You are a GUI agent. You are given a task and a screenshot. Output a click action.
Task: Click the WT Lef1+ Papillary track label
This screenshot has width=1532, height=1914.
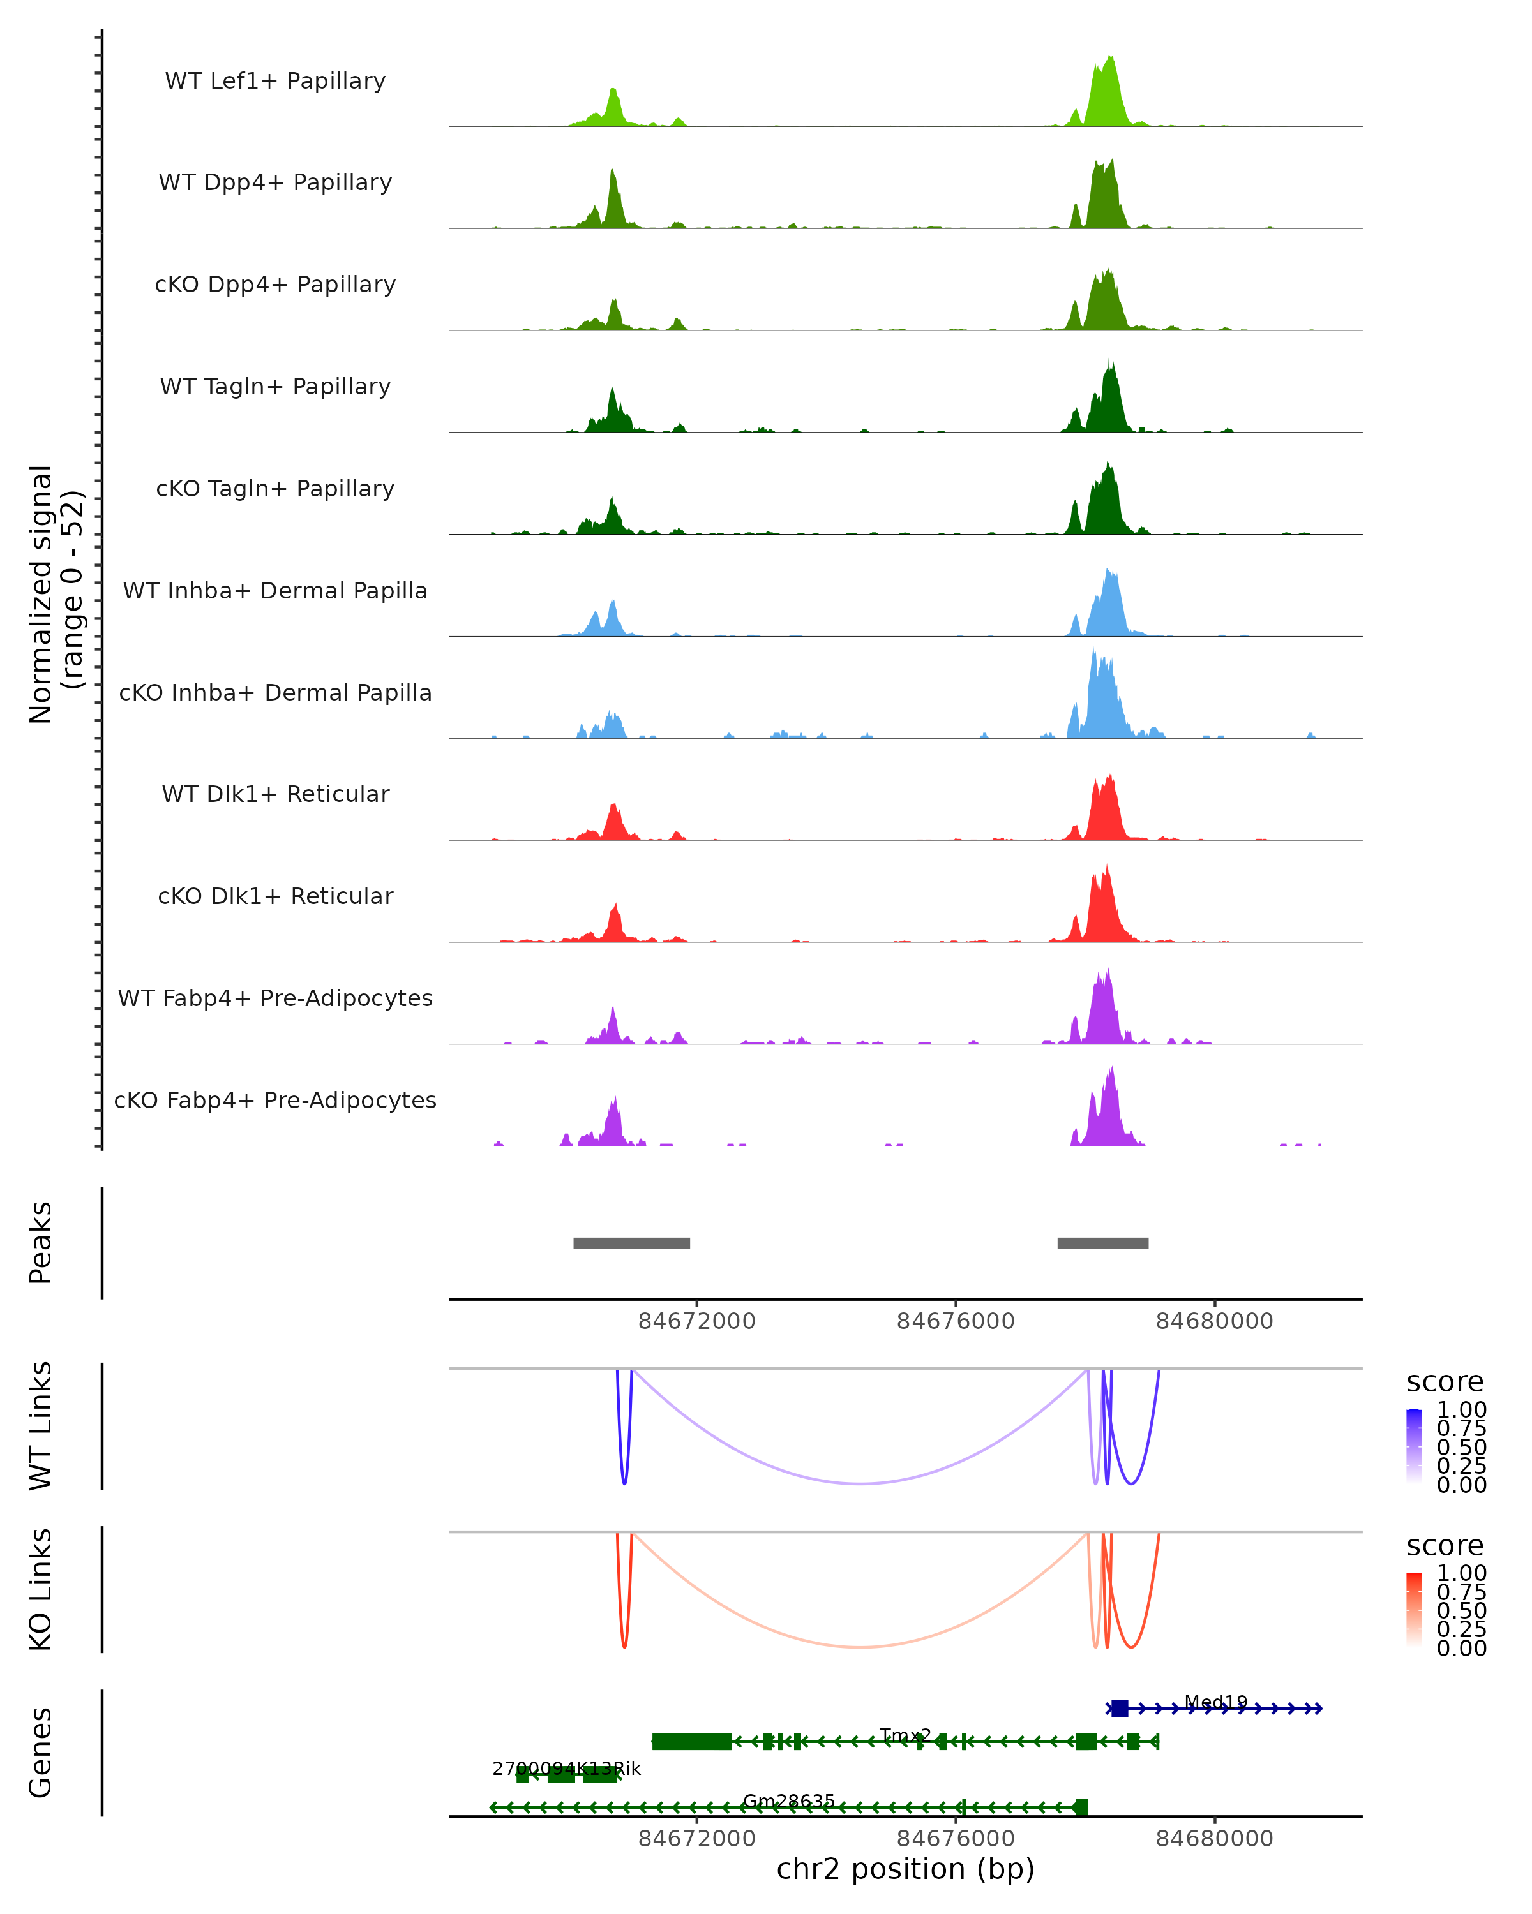tap(275, 81)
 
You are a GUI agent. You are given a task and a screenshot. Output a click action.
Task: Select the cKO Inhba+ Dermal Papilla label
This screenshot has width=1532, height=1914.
tap(275, 692)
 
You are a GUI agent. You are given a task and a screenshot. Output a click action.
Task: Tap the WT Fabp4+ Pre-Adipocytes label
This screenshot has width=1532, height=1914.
tap(275, 998)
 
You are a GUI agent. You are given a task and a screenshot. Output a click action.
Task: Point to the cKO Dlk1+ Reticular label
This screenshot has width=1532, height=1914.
tap(275, 896)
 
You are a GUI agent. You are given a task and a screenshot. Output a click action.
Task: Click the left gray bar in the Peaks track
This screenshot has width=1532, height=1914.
tap(631, 1243)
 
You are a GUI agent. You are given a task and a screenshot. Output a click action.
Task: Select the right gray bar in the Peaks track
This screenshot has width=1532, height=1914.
tap(1102, 1243)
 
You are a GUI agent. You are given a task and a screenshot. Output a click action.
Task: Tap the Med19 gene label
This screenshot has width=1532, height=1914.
tap(1216, 1702)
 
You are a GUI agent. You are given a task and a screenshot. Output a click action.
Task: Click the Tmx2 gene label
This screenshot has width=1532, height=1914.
tap(905, 1735)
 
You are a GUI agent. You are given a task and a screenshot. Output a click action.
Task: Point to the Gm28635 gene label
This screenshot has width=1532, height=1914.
tap(788, 1800)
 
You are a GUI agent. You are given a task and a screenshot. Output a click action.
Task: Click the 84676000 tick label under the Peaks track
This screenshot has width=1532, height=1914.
tap(956, 1321)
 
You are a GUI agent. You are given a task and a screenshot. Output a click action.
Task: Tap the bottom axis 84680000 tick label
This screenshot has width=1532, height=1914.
tap(1214, 1839)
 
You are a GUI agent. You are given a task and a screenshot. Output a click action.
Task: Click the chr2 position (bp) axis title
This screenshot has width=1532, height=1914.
tap(905, 1869)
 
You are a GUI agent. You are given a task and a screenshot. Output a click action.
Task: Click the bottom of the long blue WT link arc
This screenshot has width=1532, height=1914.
tap(860, 1483)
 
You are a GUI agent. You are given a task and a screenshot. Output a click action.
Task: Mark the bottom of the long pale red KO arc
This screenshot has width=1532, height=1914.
tap(860, 1647)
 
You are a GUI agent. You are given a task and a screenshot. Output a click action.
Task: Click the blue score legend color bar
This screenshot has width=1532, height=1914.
tap(1414, 1446)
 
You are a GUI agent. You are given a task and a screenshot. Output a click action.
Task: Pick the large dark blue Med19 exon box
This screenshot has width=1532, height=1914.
tap(1119, 1708)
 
